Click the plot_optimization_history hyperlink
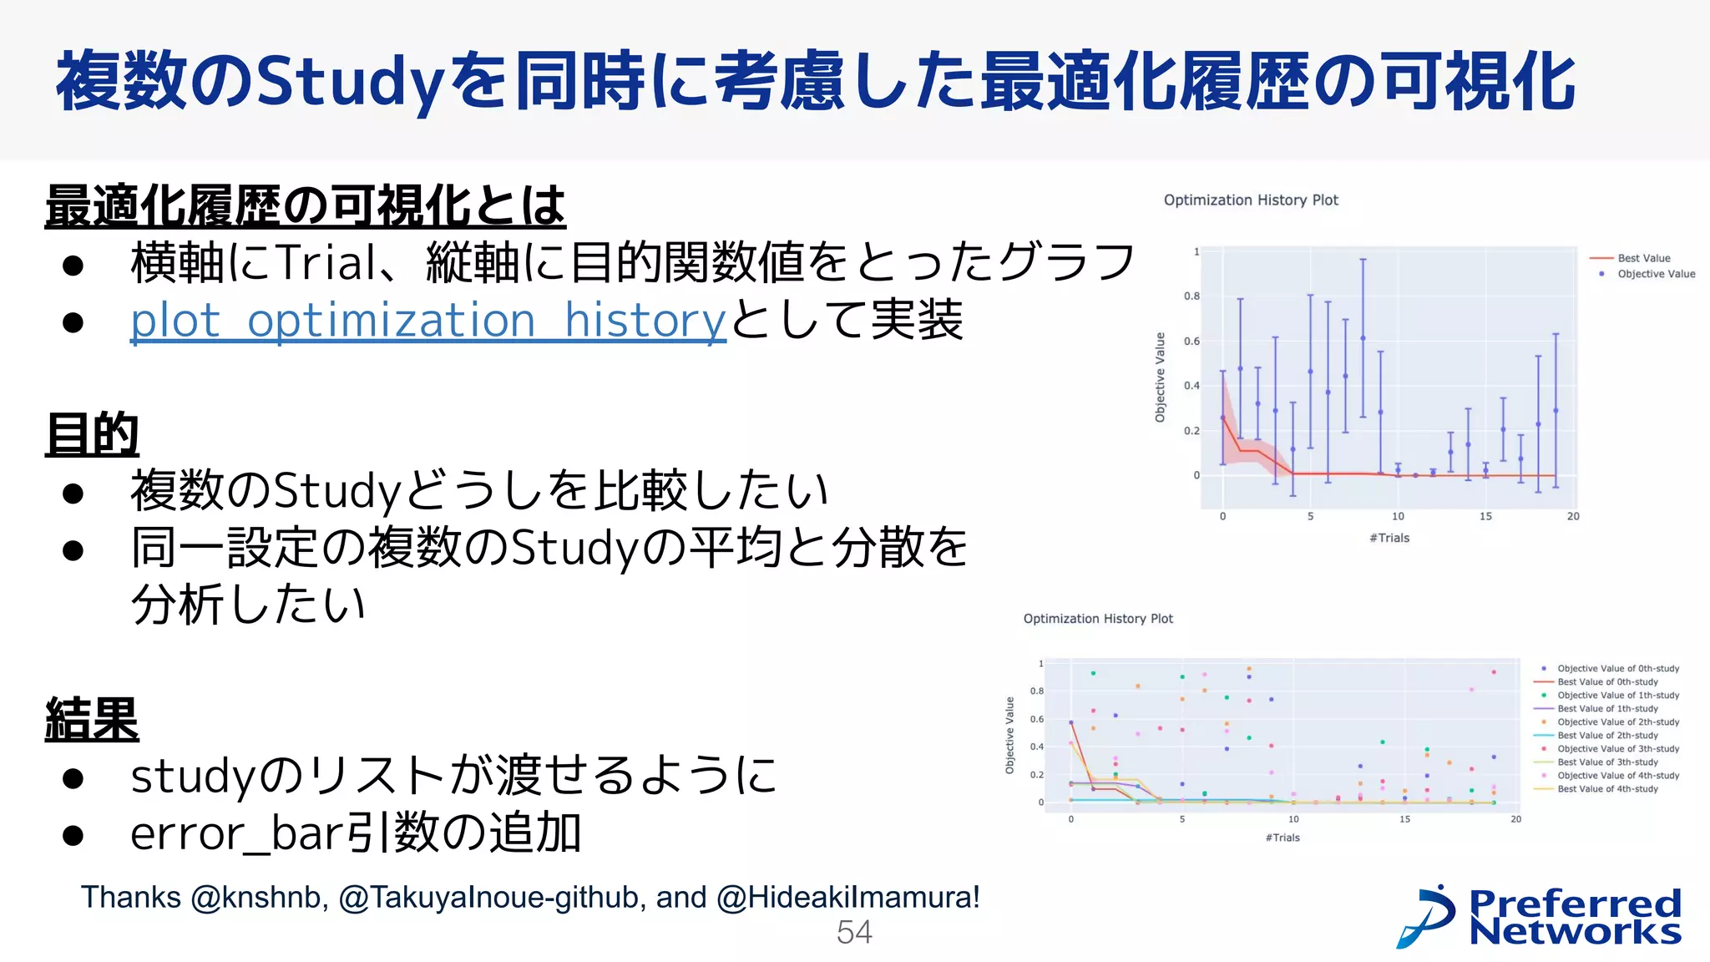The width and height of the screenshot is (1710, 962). coord(428,322)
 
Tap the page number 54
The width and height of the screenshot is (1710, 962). coord(854,932)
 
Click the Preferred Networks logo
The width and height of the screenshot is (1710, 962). coord(1538,917)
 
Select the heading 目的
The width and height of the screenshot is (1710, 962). coord(92,433)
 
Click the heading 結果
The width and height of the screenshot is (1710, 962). coord(92,719)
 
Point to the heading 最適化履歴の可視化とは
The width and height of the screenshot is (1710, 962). coord(306,205)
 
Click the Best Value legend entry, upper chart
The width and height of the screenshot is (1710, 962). coord(1643,258)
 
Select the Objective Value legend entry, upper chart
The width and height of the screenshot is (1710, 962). coord(1656,274)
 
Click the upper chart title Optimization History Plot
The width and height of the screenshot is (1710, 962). coord(1251,200)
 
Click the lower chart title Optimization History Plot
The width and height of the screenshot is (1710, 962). coord(1098,619)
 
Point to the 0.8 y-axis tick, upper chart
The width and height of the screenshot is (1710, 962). coord(1191,296)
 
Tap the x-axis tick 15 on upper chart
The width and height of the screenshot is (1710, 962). coord(1485,516)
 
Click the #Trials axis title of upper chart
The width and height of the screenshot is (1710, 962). coord(1389,538)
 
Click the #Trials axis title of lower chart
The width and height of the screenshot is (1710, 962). coord(1282,838)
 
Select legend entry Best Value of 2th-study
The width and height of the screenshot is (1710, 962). coord(1607,736)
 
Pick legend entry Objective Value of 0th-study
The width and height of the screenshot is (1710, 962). coord(1617,669)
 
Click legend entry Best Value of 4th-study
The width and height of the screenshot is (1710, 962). coord(1607,789)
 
